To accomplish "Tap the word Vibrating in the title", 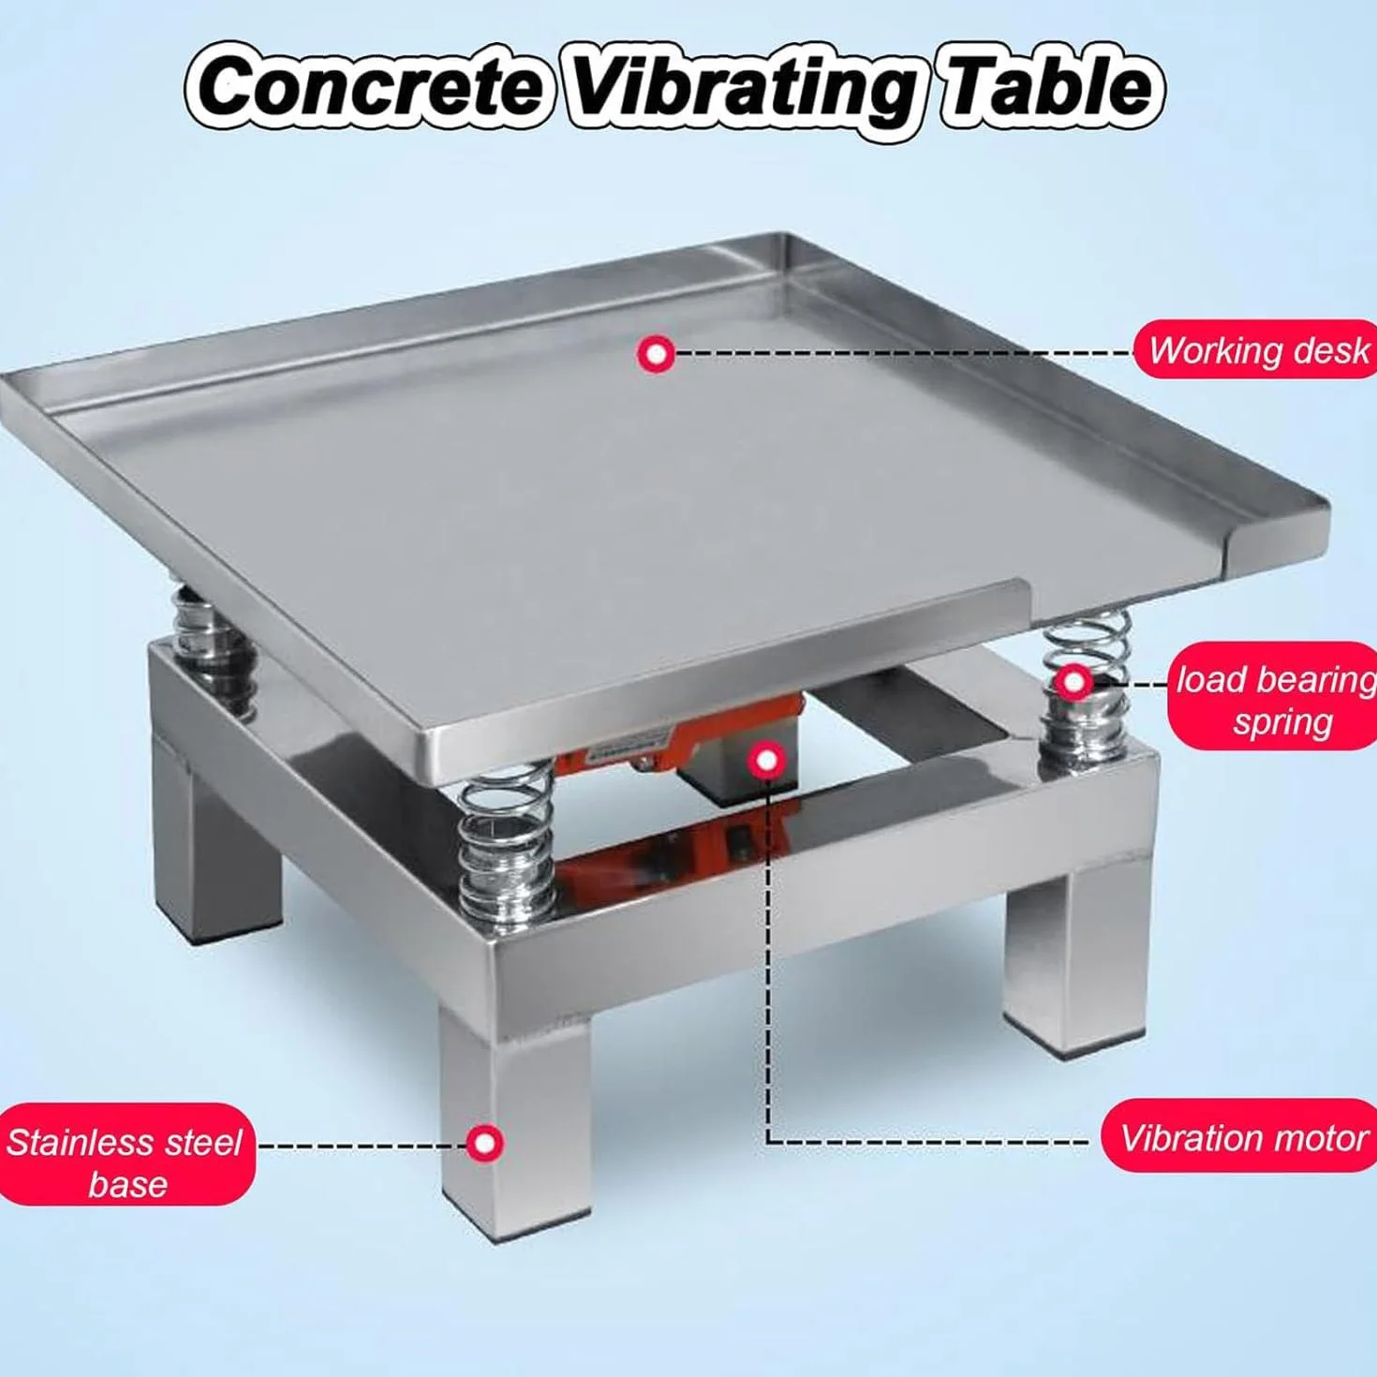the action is [743, 93].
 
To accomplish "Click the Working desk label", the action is [1255, 349].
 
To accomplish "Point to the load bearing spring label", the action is [1273, 701].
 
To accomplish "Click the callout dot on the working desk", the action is [657, 353].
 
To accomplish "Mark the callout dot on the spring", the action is [1072, 684].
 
